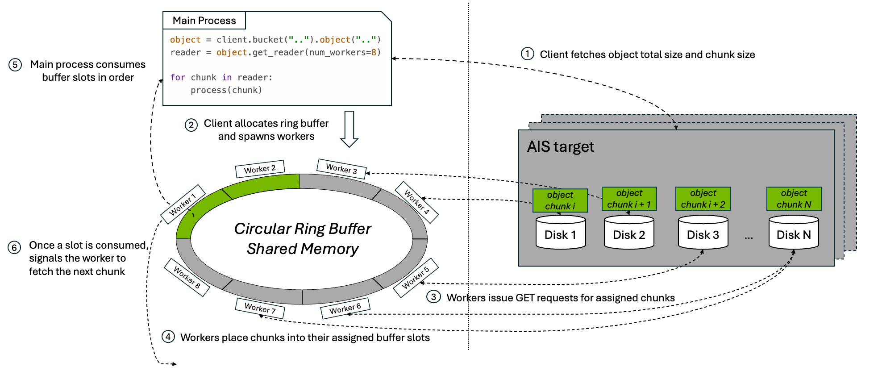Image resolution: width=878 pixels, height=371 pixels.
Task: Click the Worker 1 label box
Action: click(183, 204)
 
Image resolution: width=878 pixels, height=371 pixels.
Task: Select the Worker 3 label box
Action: click(341, 169)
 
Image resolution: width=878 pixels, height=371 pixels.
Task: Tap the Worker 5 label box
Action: click(416, 278)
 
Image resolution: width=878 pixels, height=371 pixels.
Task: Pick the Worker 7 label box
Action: click(260, 308)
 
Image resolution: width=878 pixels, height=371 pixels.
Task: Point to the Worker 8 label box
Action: click(187, 277)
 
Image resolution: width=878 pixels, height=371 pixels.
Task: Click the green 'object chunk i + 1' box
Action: click(629, 199)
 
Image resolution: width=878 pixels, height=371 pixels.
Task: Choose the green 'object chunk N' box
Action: click(794, 199)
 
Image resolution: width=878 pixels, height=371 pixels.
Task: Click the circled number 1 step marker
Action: click(528, 54)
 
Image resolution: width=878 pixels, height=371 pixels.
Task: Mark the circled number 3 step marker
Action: click(433, 297)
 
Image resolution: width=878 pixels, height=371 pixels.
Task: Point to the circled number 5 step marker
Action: click(15, 65)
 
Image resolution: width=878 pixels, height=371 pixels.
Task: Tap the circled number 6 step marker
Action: click(14, 247)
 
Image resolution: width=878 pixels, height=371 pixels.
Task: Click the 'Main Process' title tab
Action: click(204, 21)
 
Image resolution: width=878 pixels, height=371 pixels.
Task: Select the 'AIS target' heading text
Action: click(560, 147)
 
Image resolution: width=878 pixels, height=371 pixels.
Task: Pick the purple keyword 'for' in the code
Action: click(178, 77)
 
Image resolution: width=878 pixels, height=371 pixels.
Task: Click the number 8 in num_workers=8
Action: click(374, 52)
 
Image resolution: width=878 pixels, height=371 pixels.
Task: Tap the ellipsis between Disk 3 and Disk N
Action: click(749, 237)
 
